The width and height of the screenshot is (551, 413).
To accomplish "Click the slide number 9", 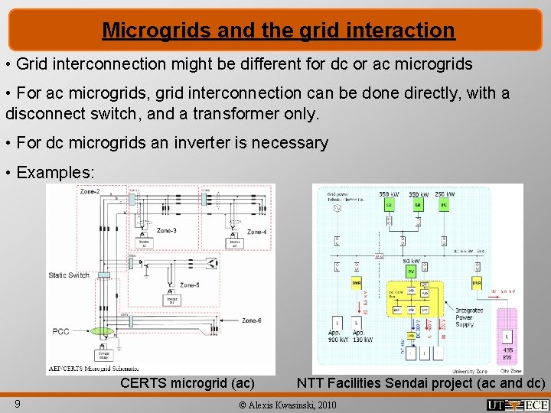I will (x=17, y=402).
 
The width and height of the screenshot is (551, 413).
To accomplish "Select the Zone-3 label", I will (x=168, y=230).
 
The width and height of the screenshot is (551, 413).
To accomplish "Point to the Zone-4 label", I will (x=257, y=232).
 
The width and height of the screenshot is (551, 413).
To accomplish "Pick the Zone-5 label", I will (x=189, y=285).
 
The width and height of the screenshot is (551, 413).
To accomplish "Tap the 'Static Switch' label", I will (x=69, y=275).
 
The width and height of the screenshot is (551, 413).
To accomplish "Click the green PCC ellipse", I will (x=102, y=332).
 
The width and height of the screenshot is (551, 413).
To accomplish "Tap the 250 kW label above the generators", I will (x=445, y=194).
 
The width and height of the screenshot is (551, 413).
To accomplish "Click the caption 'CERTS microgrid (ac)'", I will (x=187, y=382).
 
